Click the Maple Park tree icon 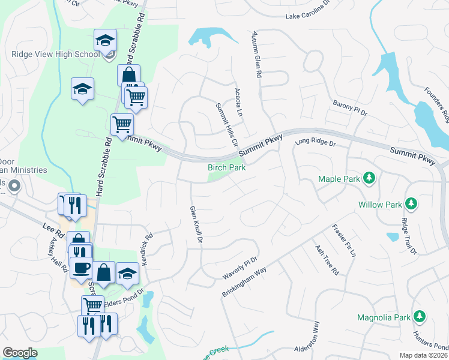[370, 178]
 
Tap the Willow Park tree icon [411, 204]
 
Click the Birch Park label [227, 167]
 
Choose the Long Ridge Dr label [315, 143]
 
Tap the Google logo [20, 352]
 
